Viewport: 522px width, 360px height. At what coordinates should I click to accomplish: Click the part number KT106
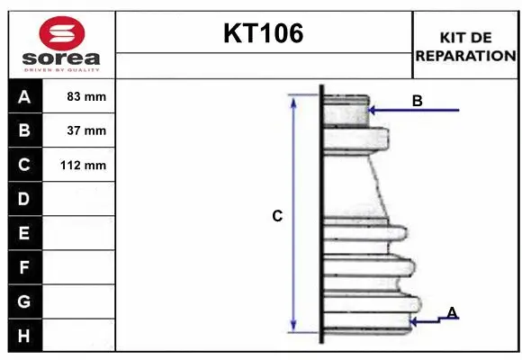tap(263, 34)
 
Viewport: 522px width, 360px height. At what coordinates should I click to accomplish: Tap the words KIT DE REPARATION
tap(465, 46)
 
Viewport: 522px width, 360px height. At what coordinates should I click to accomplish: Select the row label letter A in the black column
tap(24, 96)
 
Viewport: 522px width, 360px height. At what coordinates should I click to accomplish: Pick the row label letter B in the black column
tap(24, 130)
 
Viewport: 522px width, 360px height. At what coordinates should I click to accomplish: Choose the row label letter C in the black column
tap(24, 165)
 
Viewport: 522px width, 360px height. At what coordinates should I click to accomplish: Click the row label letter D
tap(24, 199)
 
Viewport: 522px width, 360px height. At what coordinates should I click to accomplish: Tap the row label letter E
tap(24, 233)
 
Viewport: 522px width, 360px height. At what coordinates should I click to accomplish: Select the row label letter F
tap(24, 267)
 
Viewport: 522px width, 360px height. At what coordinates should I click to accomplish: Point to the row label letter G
tap(24, 301)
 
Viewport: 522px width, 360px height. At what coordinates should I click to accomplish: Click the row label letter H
tap(24, 336)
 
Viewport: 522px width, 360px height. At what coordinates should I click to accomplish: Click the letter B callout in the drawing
tap(417, 101)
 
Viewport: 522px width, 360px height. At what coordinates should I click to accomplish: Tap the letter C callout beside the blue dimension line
tap(277, 216)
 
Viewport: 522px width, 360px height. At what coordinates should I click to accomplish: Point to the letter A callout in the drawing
tap(452, 312)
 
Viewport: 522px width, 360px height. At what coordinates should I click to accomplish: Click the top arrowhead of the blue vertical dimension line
tap(292, 100)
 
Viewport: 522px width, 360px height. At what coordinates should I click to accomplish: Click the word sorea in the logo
tap(61, 59)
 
